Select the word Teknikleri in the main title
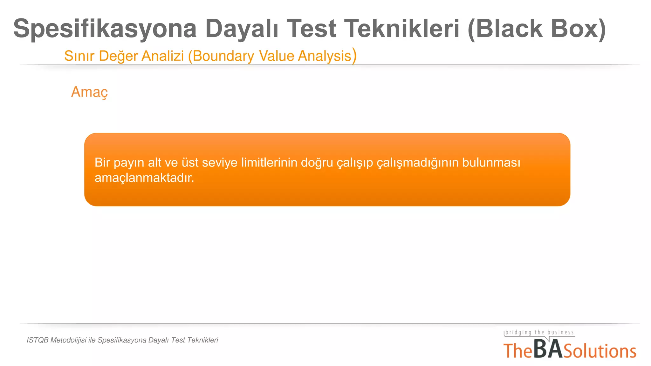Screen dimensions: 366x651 coord(402,29)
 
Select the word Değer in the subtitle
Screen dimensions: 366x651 coord(118,56)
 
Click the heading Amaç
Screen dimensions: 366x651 coord(89,92)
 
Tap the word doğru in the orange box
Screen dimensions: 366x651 coord(317,163)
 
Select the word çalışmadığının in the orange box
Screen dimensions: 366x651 coord(417,163)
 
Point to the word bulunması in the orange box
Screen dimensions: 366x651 coord(491,163)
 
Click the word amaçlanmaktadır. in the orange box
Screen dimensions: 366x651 coord(144,178)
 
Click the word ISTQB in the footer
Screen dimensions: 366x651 coord(38,340)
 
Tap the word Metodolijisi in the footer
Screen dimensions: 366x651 coord(68,340)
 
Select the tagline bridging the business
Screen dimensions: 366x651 coord(539,332)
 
